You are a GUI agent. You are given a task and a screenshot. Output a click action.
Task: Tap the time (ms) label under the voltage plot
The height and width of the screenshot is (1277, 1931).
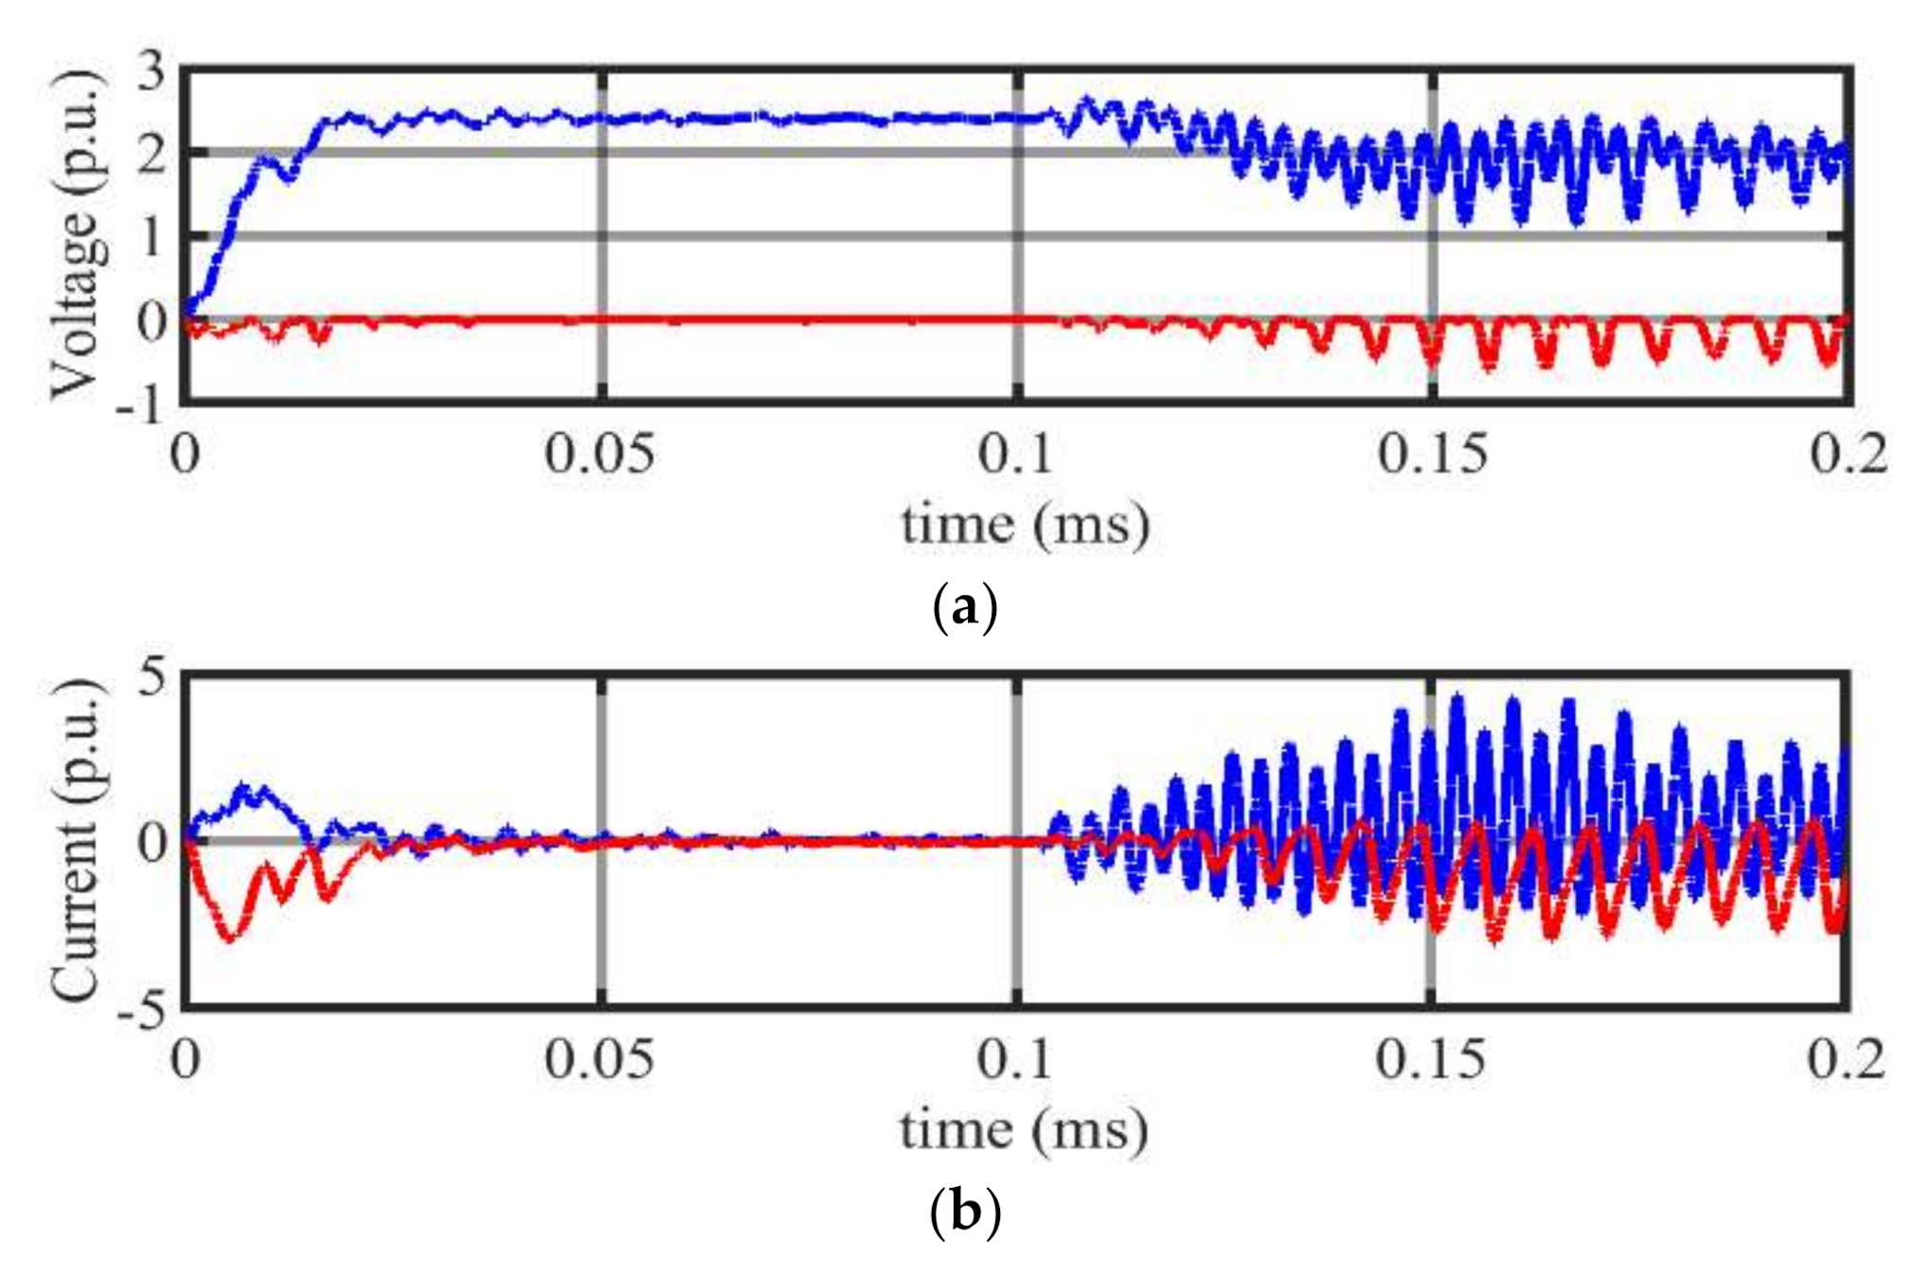(x=1025, y=524)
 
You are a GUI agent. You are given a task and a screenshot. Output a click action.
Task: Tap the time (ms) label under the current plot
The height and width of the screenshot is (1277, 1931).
(x=1024, y=1130)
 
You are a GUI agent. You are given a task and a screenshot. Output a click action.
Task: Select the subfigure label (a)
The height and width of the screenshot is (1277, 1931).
(x=965, y=607)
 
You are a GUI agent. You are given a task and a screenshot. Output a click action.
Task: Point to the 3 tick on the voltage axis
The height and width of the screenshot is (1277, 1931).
(x=152, y=72)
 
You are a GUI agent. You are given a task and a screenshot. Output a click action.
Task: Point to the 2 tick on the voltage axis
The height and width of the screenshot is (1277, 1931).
(x=152, y=153)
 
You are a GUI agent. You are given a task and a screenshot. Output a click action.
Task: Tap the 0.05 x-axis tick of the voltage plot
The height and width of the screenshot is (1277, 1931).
(x=599, y=456)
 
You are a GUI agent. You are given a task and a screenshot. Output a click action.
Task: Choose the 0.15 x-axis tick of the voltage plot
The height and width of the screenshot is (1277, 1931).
(x=1432, y=456)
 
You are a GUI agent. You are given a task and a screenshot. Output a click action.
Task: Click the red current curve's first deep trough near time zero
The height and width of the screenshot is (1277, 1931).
(x=229, y=936)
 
